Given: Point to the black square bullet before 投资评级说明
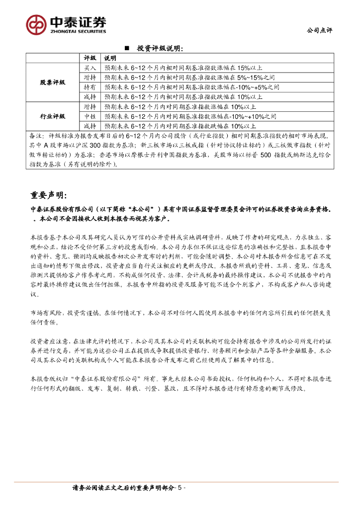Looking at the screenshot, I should point(126,48).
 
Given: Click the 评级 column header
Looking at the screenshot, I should point(90,58).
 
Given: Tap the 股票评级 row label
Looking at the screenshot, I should point(53,82).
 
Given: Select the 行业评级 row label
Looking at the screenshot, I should point(53,116).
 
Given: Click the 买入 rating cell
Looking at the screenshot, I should point(90,68).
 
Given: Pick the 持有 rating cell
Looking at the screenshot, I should point(90,87).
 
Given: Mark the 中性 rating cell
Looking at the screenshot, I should point(90,116).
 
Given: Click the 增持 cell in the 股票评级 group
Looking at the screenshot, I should point(90,78).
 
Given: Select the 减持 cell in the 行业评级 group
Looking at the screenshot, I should point(90,126).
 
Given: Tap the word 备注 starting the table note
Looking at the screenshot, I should point(37,135).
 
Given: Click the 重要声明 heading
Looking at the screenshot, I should point(52,194).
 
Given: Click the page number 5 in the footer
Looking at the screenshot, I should point(180,488).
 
